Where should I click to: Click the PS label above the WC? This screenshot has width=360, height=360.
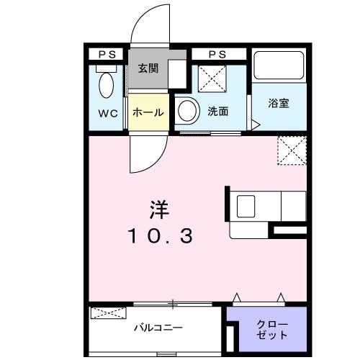click(107, 55)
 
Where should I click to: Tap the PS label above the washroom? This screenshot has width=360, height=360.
click(217, 55)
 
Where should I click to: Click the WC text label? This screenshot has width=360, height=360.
click(108, 113)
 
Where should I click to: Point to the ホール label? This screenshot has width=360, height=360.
click(148, 113)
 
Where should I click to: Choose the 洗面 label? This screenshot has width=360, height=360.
click(218, 113)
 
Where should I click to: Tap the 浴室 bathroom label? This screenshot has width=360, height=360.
click(279, 103)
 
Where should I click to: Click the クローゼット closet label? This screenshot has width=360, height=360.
click(273, 330)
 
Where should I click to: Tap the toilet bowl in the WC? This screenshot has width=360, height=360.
click(107, 86)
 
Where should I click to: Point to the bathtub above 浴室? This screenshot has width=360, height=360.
click(280, 68)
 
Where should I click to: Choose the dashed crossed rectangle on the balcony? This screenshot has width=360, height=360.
click(109, 313)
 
